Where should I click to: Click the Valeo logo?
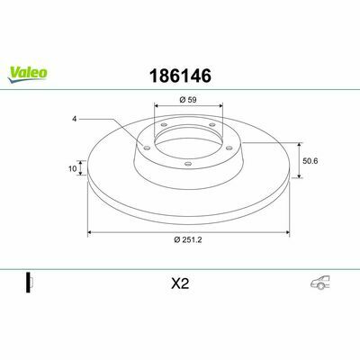coord(27,74)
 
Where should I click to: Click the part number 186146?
coord(180,76)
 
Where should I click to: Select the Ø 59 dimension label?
coord(188,100)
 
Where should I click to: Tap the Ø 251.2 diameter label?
coord(188,239)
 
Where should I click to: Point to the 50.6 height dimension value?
coord(310,161)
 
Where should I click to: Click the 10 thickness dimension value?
coord(73,168)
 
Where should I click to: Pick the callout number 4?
coord(74,119)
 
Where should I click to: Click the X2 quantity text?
coord(180,283)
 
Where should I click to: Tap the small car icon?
coord(320,283)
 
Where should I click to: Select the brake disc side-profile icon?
coord(29,283)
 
